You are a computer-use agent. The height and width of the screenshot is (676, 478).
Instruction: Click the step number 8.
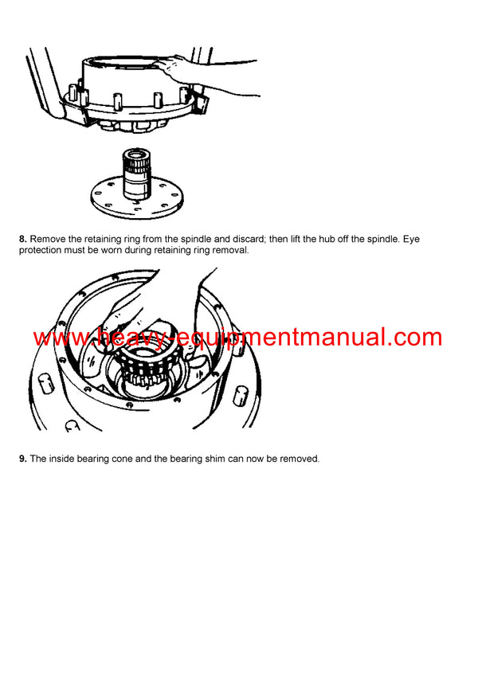click(22, 238)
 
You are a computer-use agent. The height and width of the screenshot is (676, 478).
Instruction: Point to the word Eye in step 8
click(448, 238)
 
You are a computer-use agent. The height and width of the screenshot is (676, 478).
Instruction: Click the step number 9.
click(22, 458)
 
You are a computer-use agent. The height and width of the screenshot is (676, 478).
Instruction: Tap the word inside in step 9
click(66, 458)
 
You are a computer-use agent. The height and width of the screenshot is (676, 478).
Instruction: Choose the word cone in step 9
click(133, 458)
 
